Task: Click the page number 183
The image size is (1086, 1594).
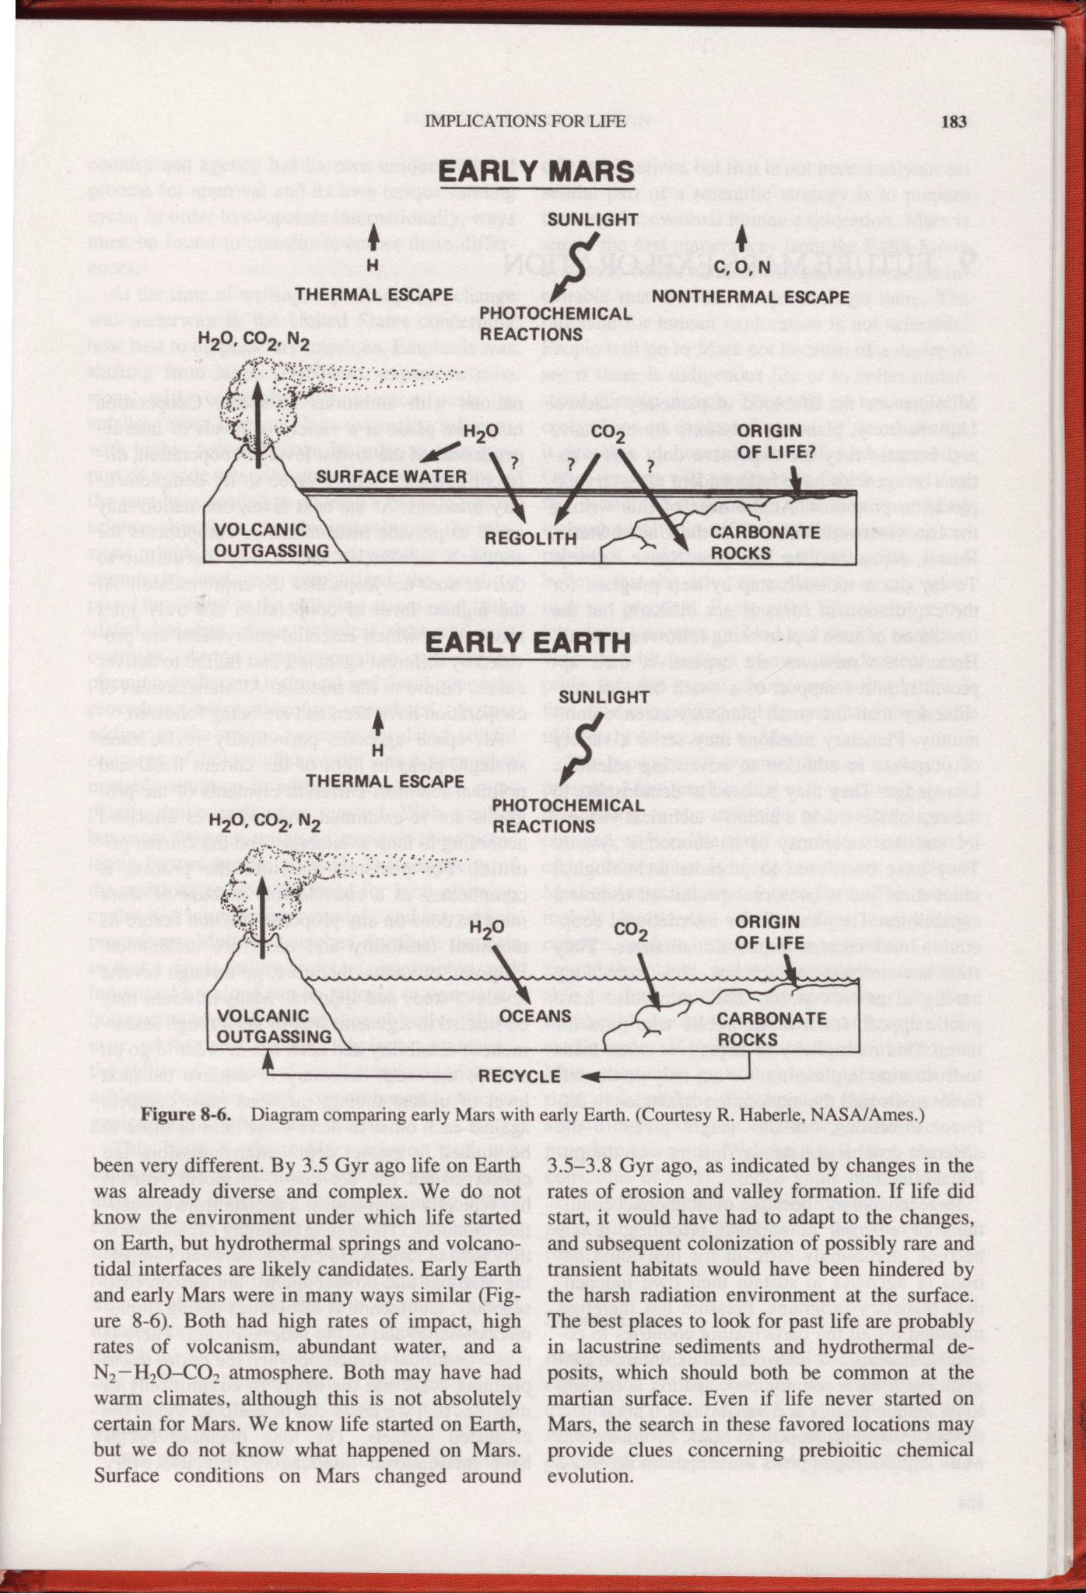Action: tap(953, 121)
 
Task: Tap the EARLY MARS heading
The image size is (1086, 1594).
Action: tap(537, 172)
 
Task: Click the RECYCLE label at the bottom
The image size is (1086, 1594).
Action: tap(520, 1076)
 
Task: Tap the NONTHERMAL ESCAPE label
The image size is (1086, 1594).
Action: tap(750, 296)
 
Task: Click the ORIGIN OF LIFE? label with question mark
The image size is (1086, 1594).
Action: tap(769, 440)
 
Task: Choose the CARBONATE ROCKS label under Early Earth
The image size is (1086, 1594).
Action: tap(771, 1028)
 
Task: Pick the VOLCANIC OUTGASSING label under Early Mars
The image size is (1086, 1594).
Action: tap(262, 540)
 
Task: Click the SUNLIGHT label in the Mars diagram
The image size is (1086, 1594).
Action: tap(593, 219)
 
